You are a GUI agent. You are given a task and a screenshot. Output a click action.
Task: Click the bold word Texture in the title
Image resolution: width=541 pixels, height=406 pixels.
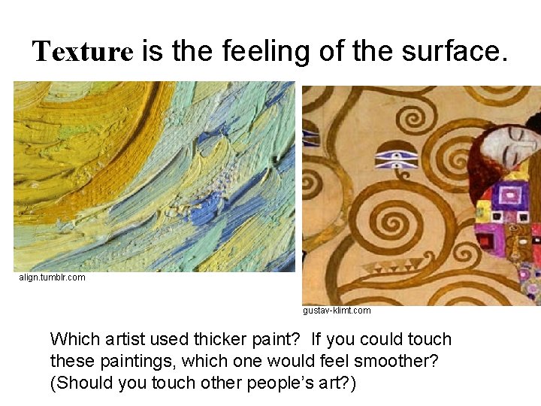click(83, 52)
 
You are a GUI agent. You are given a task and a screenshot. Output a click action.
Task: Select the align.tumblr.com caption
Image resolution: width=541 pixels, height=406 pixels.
click(52, 277)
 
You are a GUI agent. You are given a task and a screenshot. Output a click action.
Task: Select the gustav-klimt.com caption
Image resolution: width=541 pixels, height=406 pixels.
click(337, 310)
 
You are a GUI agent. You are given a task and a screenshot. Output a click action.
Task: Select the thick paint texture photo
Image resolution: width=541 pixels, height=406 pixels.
click(154, 176)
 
